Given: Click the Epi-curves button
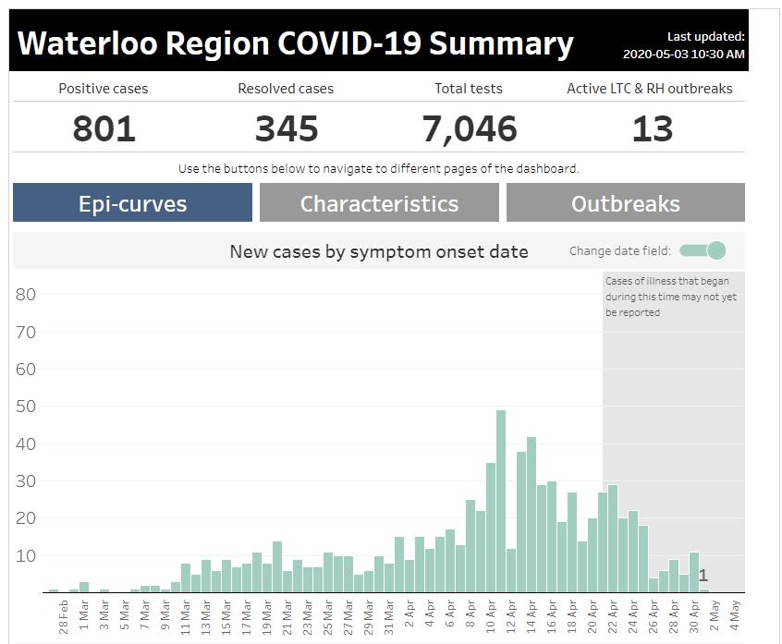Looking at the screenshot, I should point(132,203).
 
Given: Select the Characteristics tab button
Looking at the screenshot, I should point(379,203).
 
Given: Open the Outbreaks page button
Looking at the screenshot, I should point(625,203).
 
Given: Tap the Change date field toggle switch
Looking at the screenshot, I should point(703,250).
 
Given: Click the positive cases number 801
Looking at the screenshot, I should point(104,129).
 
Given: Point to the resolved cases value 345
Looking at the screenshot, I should point(287,129).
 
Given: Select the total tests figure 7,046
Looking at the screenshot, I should point(469,129).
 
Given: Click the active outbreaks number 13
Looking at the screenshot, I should point(652,129).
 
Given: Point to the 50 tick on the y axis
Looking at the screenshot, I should point(27,407).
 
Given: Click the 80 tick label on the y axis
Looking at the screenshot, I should point(27,295).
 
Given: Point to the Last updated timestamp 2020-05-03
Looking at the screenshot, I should point(683,55).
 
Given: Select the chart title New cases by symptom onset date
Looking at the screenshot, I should point(379,251).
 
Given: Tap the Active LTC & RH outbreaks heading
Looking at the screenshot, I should point(649,89).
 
